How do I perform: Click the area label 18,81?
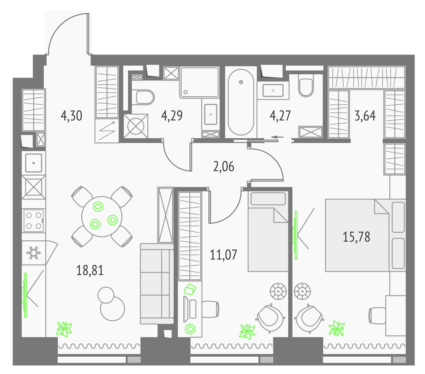point(90,270)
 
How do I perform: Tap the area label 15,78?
point(356,237)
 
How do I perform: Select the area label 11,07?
point(223,254)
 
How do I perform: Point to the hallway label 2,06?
point(224,167)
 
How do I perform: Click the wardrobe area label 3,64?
point(365,116)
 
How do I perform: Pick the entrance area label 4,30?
point(71,116)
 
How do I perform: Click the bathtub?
point(241,102)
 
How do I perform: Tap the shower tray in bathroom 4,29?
point(199,82)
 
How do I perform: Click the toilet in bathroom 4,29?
point(145,97)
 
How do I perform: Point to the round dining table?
point(102,216)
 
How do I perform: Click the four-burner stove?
point(33,220)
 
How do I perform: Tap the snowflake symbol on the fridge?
point(33,253)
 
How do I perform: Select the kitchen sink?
point(34,163)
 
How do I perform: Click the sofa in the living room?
point(157,284)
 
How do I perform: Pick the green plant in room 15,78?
point(337,328)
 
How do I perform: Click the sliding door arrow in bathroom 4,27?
point(277,137)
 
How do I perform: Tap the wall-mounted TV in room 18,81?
point(25,295)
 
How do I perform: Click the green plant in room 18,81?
point(64,329)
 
